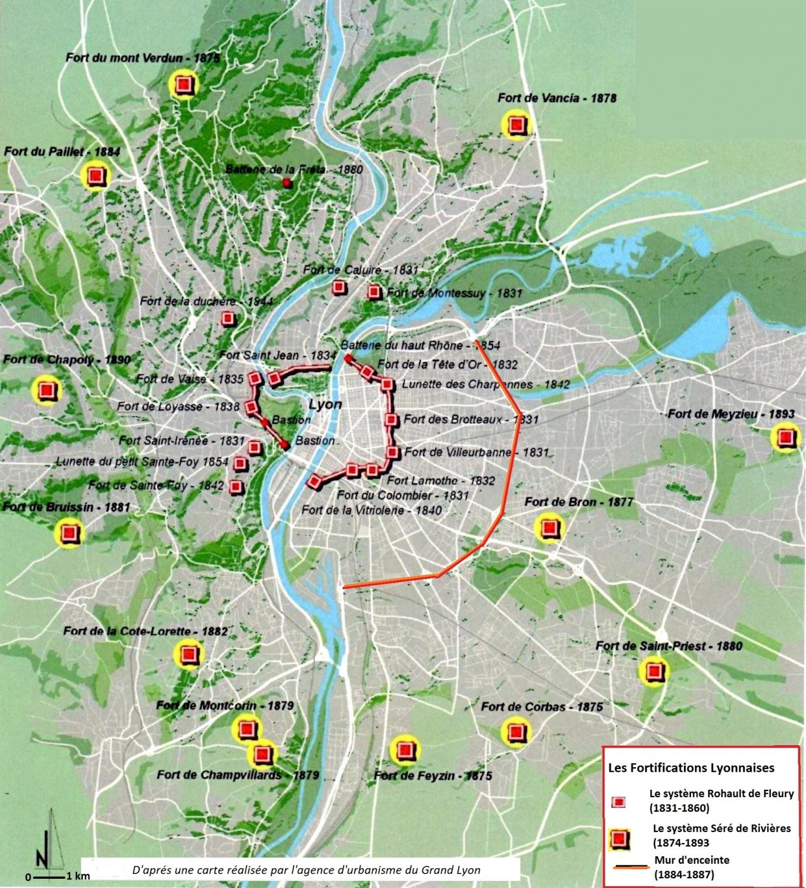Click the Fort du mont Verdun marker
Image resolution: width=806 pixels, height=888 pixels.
(184, 85)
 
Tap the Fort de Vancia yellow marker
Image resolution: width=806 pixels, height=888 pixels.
(516, 125)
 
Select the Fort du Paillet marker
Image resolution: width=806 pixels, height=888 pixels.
(95, 176)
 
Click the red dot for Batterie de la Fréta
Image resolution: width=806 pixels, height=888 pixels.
(286, 183)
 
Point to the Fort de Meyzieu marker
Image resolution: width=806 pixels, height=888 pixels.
(785, 437)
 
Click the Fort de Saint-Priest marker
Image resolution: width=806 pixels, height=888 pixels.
(654, 671)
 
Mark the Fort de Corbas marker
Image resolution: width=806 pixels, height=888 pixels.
(516, 732)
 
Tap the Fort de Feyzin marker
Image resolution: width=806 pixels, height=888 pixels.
(405, 750)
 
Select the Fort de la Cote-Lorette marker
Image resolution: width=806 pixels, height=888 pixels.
(188, 654)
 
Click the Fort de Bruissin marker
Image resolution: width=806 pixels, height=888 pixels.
(69, 532)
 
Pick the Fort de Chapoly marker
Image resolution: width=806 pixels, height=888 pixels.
(47, 390)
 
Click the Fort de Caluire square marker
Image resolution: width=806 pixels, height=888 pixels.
(338, 287)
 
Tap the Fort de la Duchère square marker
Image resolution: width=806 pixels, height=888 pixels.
(228, 319)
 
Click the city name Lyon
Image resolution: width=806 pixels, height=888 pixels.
(325, 404)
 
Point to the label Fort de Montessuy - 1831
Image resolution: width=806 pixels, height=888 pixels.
(454, 293)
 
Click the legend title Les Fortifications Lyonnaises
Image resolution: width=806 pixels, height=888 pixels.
(691, 768)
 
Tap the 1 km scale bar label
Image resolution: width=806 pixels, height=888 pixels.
(79, 876)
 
